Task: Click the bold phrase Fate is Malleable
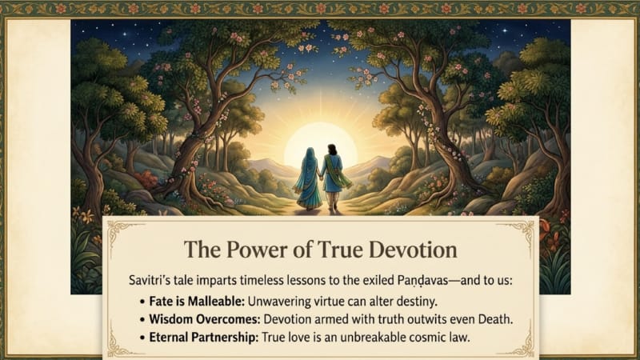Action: pyautogui.click(x=197, y=302)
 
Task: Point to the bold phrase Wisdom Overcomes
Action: pyautogui.click(x=205, y=319)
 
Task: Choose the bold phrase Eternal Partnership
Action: pyautogui.click(x=204, y=338)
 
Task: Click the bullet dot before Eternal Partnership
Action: pyautogui.click(x=142, y=338)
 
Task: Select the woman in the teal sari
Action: pyautogui.click(x=308, y=178)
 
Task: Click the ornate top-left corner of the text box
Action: pyautogui.click(x=118, y=230)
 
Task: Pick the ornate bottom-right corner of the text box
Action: pyautogui.click(x=522, y=345)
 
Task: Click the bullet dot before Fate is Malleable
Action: pyautogui.click(x=142, y=302)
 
